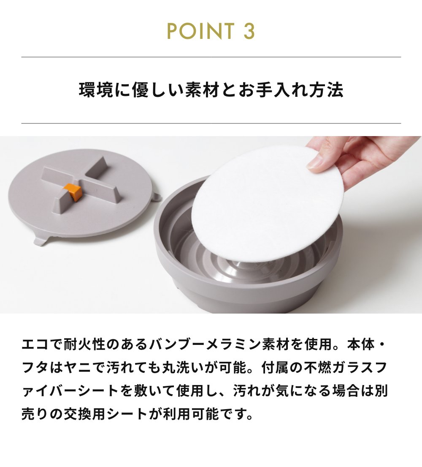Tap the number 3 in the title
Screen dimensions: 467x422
tap(249, 31)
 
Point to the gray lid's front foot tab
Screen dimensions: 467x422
tap(41, 240)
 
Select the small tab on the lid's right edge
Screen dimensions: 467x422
tap(157, 197)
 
